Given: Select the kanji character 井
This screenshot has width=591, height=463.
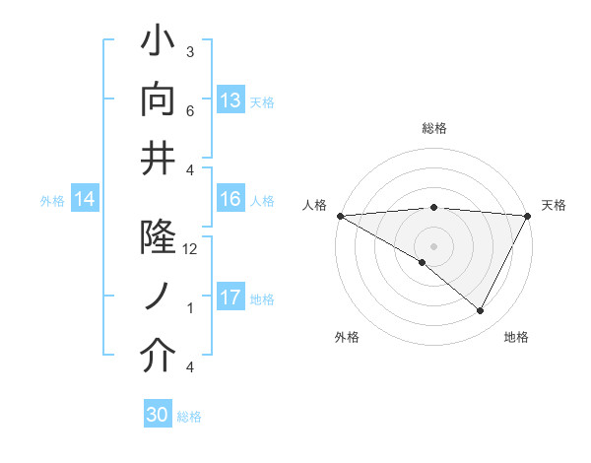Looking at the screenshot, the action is click(x=159, y=157).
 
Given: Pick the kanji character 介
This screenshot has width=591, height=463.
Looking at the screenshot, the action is click(x=159, y=356).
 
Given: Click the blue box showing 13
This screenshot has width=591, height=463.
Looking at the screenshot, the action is click(x=230, y=100).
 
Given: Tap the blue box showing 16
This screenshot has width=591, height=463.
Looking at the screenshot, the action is click(x=230, y=199).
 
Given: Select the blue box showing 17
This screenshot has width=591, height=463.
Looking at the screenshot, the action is click(x=230, y=298).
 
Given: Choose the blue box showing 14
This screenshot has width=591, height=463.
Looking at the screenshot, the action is click(x=85, y=200).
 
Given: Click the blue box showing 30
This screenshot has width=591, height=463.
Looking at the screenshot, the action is click(x=158, y=416).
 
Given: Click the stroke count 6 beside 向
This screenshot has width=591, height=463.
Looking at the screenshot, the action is click(x=190, y=110).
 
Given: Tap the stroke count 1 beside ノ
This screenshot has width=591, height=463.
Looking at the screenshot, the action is click(x=190, y=308).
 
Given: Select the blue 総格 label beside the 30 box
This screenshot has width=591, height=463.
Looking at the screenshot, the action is click(x=189, y=417).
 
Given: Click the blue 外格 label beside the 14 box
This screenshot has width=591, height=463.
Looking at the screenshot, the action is click(x=52, y=201).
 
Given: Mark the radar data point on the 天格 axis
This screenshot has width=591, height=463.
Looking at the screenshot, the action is click(x=528, y=216).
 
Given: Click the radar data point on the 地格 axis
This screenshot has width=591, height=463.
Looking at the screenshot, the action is click(x=481, y=311).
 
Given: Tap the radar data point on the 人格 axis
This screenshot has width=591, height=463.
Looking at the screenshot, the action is click(x=340, y=216).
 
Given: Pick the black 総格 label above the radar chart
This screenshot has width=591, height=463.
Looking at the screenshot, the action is click(x=434, y=128).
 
